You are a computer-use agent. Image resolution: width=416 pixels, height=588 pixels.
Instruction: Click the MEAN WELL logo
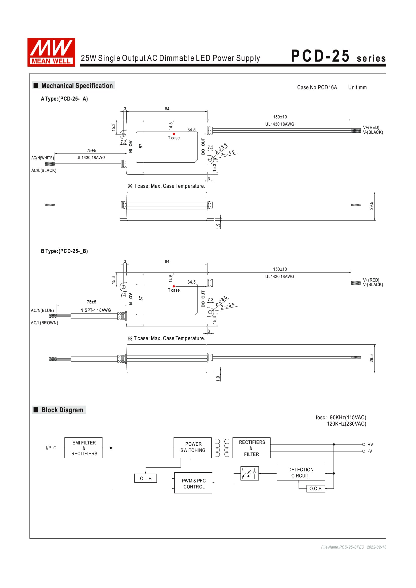coord(51,52)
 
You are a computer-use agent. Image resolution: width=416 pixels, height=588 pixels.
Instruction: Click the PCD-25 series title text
coord(338,56)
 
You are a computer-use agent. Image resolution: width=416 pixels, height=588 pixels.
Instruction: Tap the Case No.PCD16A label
coord(317,87)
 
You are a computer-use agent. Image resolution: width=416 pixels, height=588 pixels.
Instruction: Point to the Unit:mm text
coord(357,87)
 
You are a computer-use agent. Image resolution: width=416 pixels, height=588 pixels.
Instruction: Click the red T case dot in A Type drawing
coord(174,134)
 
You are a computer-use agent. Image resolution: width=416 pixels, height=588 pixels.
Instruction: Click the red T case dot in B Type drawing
coord(174,286)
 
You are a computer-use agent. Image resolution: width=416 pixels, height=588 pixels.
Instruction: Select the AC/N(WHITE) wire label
coord(43,158)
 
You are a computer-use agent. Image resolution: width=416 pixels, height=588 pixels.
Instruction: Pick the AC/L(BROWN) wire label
coord(44,323)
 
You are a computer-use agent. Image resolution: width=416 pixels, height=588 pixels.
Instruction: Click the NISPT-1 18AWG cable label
coord(96,310)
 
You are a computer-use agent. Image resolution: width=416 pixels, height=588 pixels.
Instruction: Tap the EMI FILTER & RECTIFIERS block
coord(84,448)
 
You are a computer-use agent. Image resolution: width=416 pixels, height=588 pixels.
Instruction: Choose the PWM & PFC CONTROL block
coord(193,483)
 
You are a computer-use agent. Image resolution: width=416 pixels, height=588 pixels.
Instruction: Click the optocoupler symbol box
coord(249,473)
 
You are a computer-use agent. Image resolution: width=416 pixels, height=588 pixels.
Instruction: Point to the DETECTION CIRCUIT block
coord(301,473)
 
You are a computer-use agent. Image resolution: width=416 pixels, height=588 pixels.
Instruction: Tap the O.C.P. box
coord(316,489)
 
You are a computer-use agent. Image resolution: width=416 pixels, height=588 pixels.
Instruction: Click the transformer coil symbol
coord(222,448)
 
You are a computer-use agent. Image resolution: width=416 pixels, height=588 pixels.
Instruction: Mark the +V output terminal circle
coord(363,445)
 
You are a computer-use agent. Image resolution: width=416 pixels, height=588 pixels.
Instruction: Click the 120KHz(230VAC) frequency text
coord(346,424)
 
